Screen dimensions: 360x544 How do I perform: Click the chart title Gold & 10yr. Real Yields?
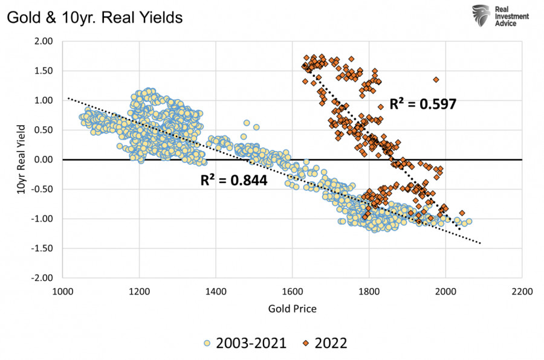pyautogui.click(x=94, y=18)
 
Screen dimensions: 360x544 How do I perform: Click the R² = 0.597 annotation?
pyautogui.click(x=423, y=104)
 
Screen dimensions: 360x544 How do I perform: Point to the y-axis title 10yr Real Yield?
pyautogui.click(x=22, y=159)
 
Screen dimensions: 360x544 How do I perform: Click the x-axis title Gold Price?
pyautogui.click(x=292, y=309)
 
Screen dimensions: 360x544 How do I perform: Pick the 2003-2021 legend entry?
pyautogui.click(x=246, y=344)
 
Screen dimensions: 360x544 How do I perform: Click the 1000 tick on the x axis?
pyautogui.click(x=63, y=291)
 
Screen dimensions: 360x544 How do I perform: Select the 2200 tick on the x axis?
pyautogui.click(x=522, y=291)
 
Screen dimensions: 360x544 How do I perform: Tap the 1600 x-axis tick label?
pyautogui.click(x=293, y=291)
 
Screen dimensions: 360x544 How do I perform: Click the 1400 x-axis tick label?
pyautogui.click(x=216, y=291)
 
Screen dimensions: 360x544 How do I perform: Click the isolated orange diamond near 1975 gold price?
pyautogui.click(x=436, y=80)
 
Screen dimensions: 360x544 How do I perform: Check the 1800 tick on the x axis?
pyautogui.click(x=369, y=291)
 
